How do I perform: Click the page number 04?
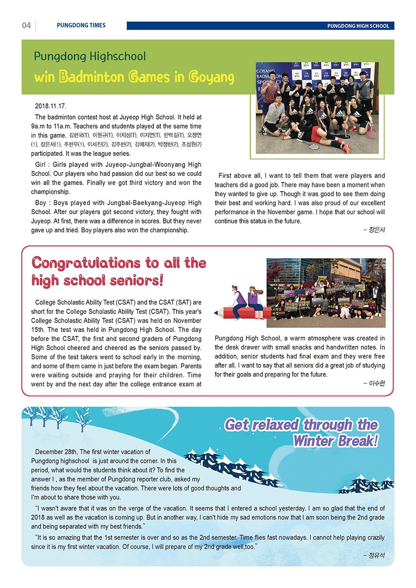coord(26,25)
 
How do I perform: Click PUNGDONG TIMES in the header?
coord(81,25)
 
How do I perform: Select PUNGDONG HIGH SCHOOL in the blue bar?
coord(358,26)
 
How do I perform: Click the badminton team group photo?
coord(317,108)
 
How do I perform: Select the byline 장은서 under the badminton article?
coord(377,230)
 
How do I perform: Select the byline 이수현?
coord(377,383)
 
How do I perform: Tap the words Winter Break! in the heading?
coord(335,440)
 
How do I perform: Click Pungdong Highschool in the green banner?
coord(89,56)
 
